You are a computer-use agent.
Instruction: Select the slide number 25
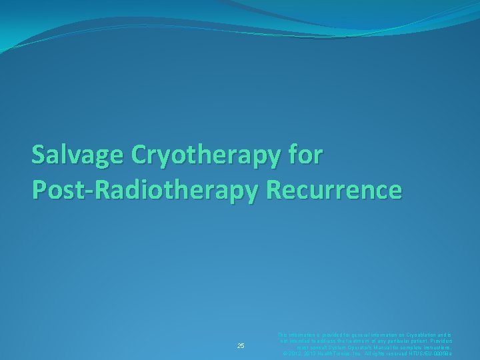[241, 345]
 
